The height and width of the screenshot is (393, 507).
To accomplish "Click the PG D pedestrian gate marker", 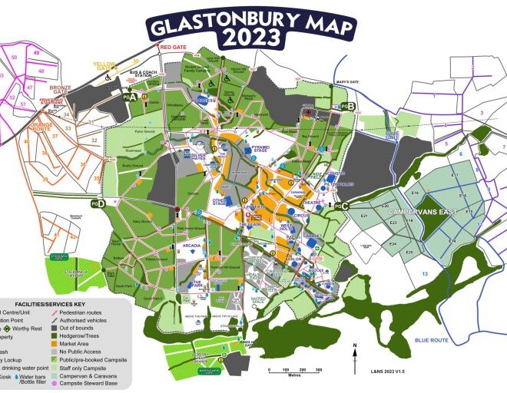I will (98, 203).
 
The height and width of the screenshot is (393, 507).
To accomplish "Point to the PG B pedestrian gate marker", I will (347, 106).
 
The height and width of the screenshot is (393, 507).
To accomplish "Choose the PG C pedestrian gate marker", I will (343, 205).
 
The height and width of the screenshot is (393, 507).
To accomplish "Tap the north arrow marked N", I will (356, 348).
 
